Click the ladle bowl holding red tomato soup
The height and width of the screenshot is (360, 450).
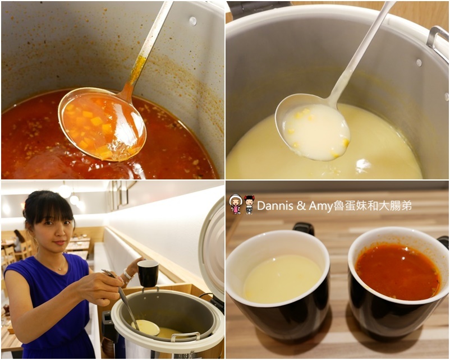102,124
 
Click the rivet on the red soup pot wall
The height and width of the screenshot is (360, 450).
192,21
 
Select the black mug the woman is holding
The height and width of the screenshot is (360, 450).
148,274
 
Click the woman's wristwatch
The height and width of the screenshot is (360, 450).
127,274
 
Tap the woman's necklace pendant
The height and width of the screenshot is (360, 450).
59,269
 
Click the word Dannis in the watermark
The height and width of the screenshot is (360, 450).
275,206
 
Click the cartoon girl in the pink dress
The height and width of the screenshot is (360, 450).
236,204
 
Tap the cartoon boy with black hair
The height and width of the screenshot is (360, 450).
249,205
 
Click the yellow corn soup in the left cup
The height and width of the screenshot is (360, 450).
282,279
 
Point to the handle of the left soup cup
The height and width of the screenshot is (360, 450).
304,229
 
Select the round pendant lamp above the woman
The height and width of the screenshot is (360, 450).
65,191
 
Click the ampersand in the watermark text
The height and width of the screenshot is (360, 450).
301,206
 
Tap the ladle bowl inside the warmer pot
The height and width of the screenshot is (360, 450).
145,327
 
